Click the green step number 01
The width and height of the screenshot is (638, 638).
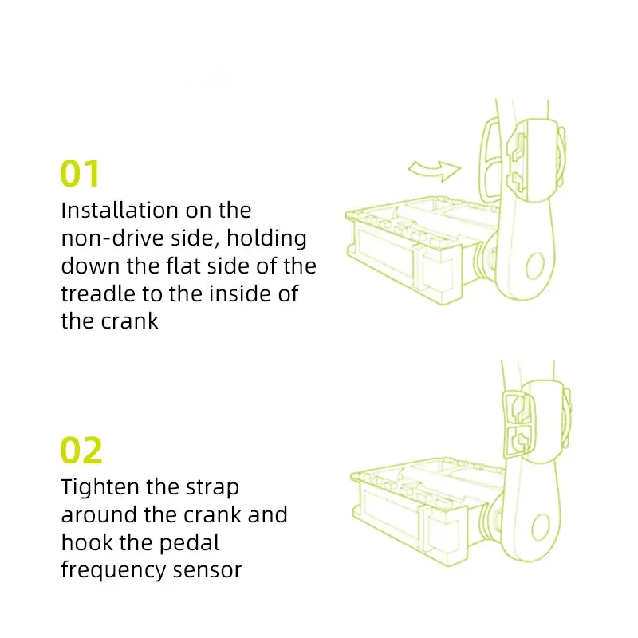[80, 173]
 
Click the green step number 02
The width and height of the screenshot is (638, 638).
[81, 450]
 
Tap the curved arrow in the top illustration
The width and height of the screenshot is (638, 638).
[435, 170]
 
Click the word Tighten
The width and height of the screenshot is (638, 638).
[100, 487]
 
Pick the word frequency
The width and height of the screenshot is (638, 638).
[113, 571]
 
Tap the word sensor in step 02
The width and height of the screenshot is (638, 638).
[207, 570]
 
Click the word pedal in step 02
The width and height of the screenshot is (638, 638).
[189, 543]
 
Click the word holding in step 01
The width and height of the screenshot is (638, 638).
[266, 238]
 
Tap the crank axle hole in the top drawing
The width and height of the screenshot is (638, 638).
[535, 266]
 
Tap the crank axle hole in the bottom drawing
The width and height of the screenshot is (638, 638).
[541, 527]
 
